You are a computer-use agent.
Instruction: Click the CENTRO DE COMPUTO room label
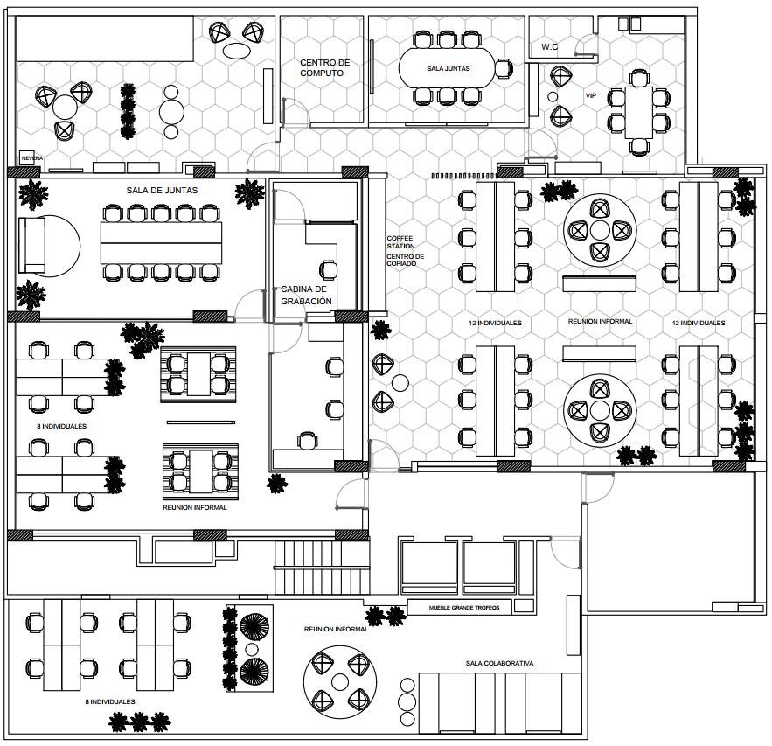coord(324,68)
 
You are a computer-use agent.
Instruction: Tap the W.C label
coord(550,46)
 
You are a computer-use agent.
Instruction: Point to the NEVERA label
coord(31,158)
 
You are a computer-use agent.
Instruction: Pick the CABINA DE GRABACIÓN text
coord(306,295)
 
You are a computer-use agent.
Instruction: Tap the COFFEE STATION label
coord(401,242)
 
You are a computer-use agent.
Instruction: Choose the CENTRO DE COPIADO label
coord(406,260)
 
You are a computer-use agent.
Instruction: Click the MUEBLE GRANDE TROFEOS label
coord(464,608)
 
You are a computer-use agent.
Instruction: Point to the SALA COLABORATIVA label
coord(499,663)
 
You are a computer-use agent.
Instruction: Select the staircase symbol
coord(318,568)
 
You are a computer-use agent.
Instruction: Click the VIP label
coord(590,95)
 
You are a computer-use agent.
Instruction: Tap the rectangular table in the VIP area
coord(638,112)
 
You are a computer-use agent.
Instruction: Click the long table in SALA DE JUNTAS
coord(161,242)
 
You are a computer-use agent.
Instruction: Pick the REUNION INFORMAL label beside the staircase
coord(336,629)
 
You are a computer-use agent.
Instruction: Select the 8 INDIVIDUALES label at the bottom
coord(110,701)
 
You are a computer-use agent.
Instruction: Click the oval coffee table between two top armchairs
coord(235,50)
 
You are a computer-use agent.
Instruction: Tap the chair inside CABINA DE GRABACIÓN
coord(329,270)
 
